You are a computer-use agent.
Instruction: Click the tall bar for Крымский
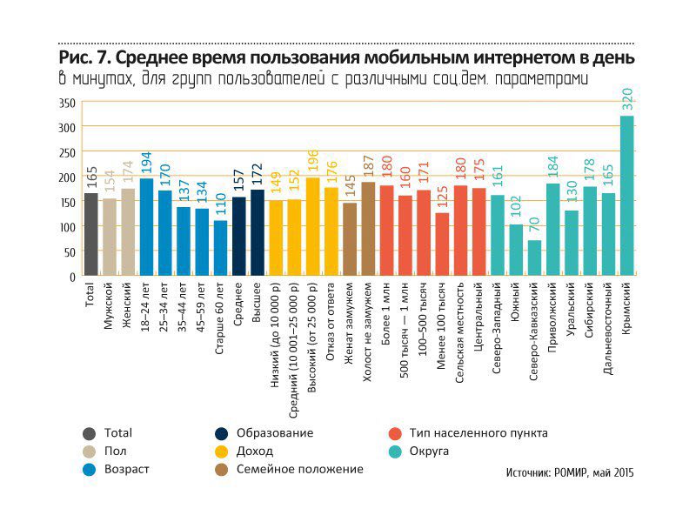[x=627, y=196]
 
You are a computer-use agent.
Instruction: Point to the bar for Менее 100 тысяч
[x=442, y=244]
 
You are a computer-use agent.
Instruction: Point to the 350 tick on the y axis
[x=67, y=103]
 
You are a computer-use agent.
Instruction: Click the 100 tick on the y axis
[x=67, y=227]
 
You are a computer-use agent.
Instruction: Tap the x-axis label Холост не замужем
[x=369, y=326]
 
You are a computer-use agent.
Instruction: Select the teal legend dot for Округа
[x=394, y=452]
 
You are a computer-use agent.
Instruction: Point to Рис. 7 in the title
[x=83, y=58]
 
